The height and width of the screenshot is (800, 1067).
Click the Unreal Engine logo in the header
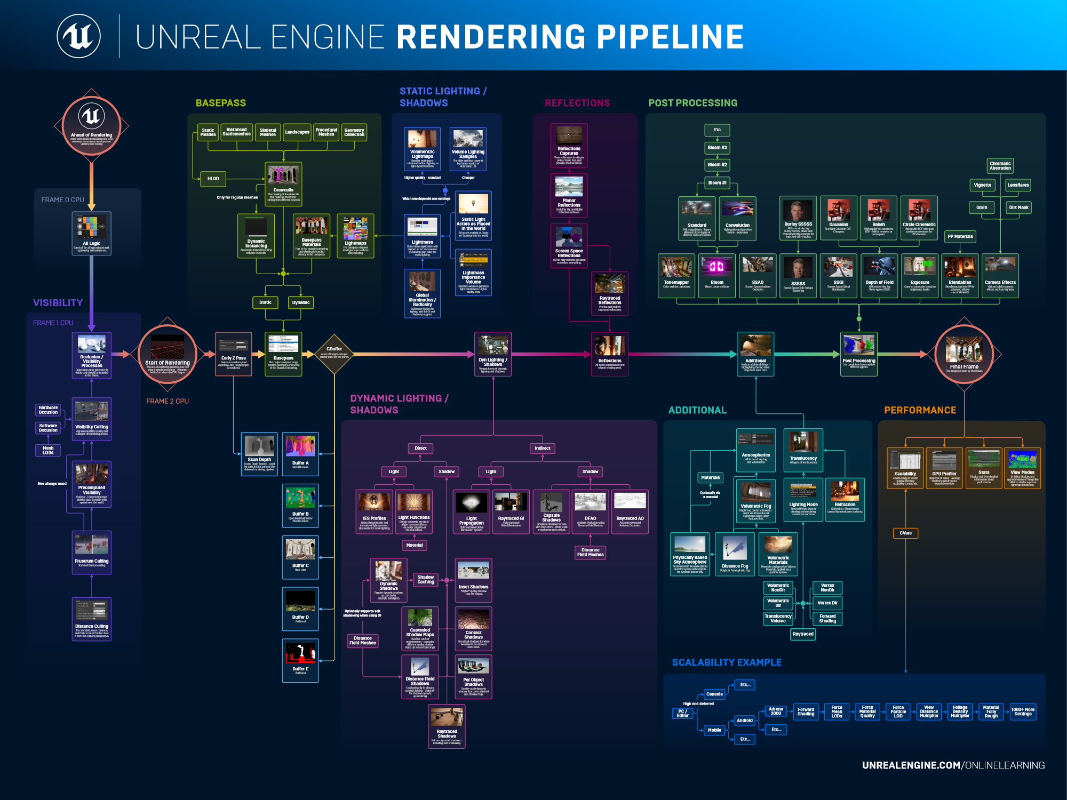[x=79, y=36]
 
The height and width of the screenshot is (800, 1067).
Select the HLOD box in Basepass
[x=213, y=179]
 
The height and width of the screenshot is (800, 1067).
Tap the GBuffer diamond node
[x=335, y=353]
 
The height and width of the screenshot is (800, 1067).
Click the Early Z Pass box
[x=233, y=354]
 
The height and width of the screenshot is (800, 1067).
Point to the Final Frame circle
[x=964, y=354]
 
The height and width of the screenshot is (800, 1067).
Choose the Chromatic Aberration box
[x=1000, y=166]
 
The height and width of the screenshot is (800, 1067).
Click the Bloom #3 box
[x=717, y=148]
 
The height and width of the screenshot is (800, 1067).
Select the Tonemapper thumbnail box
[x=676, y=275]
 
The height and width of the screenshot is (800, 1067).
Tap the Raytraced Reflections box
[x=609, y=293]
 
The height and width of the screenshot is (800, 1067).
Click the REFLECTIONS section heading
[x=577, y=103]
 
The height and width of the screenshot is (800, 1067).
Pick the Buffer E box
[x=300, y=660]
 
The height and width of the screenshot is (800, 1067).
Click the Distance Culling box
[x=92, y=619]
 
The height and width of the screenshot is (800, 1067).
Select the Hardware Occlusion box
[x=48, y=410]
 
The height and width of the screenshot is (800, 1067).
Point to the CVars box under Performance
[x=905, y=533]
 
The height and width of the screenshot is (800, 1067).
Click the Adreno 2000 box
[x=776, y=711]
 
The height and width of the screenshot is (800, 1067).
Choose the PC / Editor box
[x=682, y=714]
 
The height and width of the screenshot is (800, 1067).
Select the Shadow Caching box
[x=425, y=580]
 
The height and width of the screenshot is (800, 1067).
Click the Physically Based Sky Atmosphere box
[x=690, y=554]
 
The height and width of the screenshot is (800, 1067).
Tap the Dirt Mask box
[x=1018, y=207]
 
